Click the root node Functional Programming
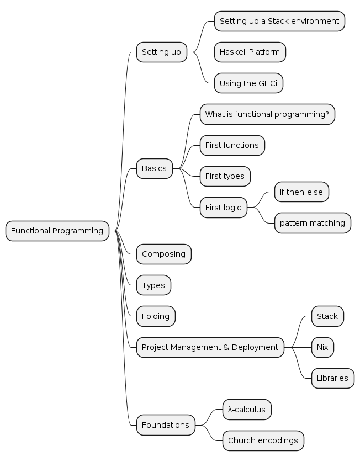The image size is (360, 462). pos(57,231)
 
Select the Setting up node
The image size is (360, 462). pos(161,52)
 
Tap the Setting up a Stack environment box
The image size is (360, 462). pos(279,21)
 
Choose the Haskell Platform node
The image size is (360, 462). pos(250,52)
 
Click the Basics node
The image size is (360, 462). pos(154,168)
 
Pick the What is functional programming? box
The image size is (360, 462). pos(267,114)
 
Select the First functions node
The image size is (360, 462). pos(232,145)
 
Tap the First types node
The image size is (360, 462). pos(225,176)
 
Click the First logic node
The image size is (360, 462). pos(223,208)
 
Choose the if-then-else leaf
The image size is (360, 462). pos(301,192)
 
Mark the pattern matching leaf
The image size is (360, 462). pos(313,223)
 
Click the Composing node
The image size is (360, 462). pos(163,254)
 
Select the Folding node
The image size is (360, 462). pos(156,316)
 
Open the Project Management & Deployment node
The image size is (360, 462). pos(210,347)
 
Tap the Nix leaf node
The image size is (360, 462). pos(322,347)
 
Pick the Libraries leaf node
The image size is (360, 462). pos(332,378)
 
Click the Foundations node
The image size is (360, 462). pos(166,425)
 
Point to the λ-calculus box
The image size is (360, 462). pos(247,410)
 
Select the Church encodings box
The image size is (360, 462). pos(263,440)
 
